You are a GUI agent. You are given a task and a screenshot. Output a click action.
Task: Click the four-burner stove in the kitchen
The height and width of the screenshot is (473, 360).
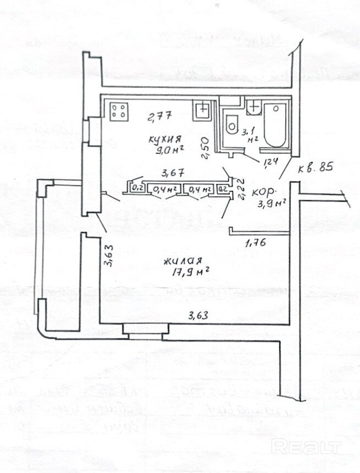coord(118,112)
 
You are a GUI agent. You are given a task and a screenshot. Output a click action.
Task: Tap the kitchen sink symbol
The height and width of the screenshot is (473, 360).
coord(202,111)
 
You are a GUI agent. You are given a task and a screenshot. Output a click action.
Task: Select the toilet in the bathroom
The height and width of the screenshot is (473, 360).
coord(231,125)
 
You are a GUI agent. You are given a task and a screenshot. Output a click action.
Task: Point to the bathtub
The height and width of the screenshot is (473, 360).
coord(275,125)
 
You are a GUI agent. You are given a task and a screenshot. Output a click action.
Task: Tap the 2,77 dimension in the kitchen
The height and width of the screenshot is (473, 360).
coord(160,116)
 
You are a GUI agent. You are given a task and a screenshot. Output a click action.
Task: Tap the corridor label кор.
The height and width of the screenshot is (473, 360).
coord(264,193)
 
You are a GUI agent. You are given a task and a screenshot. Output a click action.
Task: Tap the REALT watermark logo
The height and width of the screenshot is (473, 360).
coord(306,447)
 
